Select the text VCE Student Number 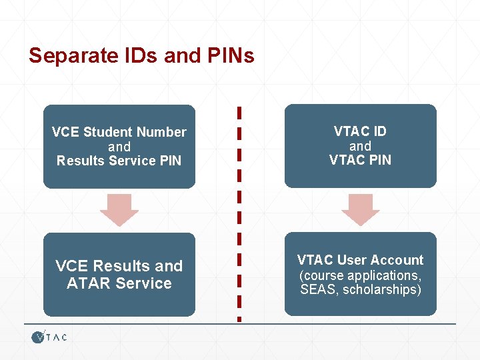119,132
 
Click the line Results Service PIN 119,161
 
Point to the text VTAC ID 360,131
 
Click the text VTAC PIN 360,160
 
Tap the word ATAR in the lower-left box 89,283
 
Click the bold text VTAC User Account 360,260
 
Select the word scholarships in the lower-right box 382,290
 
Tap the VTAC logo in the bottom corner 49,337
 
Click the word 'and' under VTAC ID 360,146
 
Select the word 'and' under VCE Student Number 119,147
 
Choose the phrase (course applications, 360,275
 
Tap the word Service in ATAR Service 143,283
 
